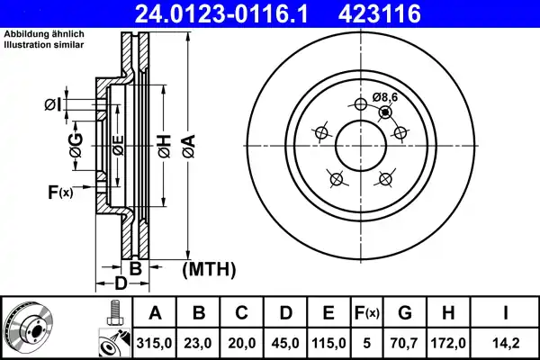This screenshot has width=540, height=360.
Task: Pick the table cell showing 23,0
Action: [x=198, y=343]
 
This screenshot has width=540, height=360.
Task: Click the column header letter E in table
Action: [x=328, y=313]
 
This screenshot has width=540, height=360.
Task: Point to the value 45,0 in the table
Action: [x=284, y=343]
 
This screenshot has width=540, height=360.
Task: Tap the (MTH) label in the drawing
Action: [x=209, y=268]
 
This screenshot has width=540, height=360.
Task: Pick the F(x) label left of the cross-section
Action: [x=59, y=191]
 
